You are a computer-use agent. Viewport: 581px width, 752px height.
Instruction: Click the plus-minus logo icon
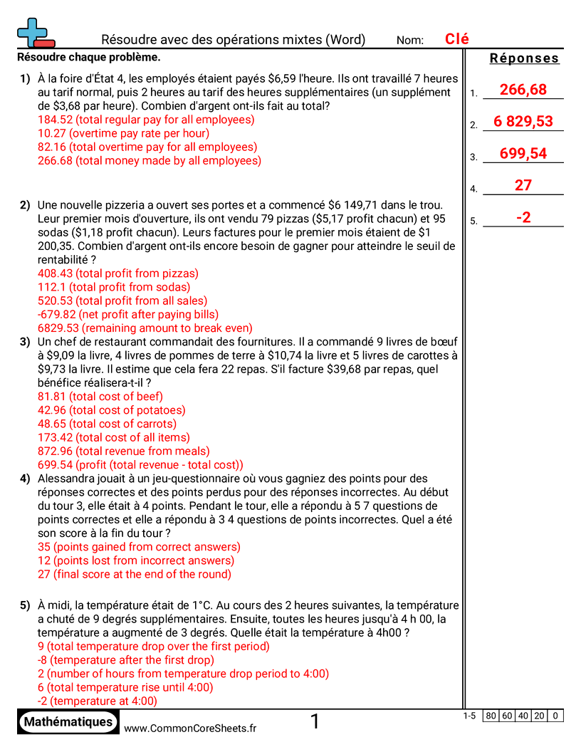point(35,33)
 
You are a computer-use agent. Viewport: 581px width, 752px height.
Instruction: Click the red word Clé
point(456,39)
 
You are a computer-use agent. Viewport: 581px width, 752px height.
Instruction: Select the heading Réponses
point(524,58)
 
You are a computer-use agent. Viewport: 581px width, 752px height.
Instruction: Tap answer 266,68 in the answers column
point(523,89)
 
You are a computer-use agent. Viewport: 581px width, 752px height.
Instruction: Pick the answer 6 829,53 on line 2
point(523,121)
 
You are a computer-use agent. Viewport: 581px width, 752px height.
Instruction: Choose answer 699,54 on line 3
point(523,153)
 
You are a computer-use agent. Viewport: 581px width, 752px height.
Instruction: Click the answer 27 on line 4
point(523,185)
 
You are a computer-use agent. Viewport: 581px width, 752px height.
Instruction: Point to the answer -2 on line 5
point(523,217)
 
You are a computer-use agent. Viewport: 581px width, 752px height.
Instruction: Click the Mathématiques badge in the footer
point(68,721)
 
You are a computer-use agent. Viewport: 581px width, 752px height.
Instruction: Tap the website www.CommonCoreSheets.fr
point(190,728)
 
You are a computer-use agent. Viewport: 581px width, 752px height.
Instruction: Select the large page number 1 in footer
point(315,722)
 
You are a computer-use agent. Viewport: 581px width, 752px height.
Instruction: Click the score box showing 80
point(491,716)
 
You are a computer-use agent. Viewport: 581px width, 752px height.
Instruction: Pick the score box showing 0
point(555,716)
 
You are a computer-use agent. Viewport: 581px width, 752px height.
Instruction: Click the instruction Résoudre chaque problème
point(88,57)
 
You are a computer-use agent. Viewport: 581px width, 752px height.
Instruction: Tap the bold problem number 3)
point(25,342)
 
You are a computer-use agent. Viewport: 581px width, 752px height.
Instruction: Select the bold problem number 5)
point(25,606)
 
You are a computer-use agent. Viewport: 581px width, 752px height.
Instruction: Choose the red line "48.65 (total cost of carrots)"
point(107,424)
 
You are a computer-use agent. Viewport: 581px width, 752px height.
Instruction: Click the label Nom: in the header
point(410,41)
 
